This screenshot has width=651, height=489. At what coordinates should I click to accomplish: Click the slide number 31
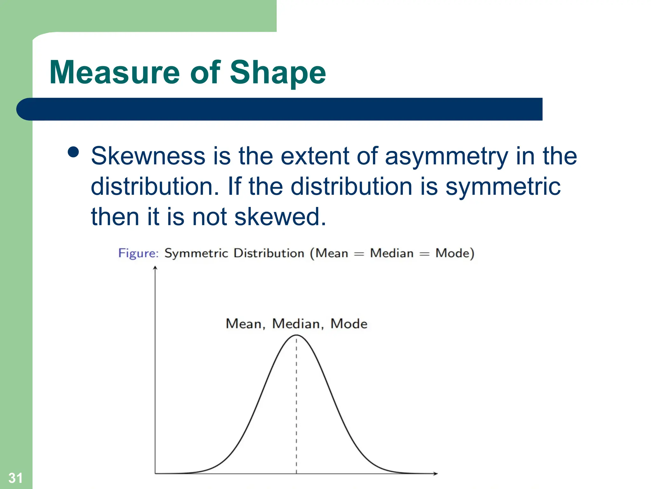pyautogui.click(x=15, y=478)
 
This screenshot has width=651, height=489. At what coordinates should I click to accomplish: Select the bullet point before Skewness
pyautogui.click(x=73, y=152)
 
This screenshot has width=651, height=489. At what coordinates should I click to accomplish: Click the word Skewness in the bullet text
pyautogui.click(x=148, y=156)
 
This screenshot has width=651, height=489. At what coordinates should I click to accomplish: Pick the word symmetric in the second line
pyautogui.click(x=503, y=187)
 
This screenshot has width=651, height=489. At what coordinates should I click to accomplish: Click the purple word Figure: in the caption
pyautogui.click(x=138, y=253)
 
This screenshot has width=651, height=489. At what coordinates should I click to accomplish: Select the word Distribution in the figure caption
pyautogui.click(x=269, y=253)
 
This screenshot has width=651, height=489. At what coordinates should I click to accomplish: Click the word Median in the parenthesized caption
pyautogui.click(x=392, y=253)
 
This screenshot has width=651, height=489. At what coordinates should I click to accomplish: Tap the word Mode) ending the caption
pyautogui.click(x=455, y=253)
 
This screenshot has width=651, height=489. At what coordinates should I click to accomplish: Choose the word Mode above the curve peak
pyautogui.click(x=349, y=324)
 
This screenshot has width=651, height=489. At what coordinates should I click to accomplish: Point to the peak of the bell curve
pyautogui.click(x=296, y=335)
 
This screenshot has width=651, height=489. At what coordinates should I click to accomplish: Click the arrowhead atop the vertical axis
pyautogui.click(x=155, y=268)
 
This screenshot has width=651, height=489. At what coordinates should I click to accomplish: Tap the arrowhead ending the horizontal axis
pyautogui.click(x=435, y=473)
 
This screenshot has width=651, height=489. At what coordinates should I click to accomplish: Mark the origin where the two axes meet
pyautogui.click(x=155, y=473)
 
